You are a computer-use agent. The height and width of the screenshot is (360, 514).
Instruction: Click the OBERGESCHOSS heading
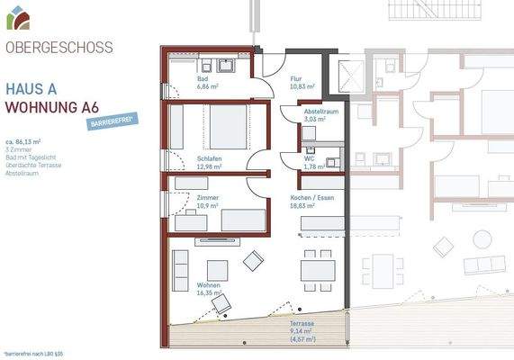coord(59,48)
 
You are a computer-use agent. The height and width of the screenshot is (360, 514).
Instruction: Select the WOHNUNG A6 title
coord(51,108)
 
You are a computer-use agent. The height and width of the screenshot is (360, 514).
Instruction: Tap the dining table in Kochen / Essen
coord(317,269)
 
